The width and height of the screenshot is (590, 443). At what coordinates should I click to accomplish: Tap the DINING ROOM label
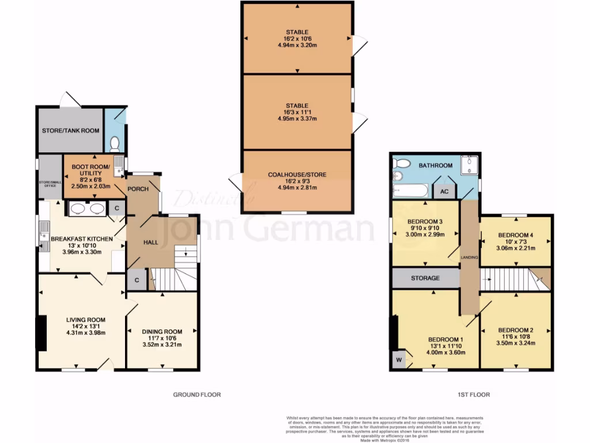(162, 331)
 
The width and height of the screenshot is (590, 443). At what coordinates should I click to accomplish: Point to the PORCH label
(138, 189)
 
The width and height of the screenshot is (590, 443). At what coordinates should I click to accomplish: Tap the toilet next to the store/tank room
(114, 142)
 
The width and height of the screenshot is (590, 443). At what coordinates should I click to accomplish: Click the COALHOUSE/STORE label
(297, 174)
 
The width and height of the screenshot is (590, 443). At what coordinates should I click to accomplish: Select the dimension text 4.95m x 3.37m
(297, 119)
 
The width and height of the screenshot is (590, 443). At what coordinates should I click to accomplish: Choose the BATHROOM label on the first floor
(436, 166)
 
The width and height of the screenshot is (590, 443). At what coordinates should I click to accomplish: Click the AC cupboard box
(444, 192)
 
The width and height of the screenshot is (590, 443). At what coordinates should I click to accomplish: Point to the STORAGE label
(425, 278)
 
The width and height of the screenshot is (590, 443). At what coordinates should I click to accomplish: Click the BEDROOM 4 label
(516, 235)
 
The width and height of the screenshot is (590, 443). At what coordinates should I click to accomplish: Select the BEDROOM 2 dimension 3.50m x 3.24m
(516, 343)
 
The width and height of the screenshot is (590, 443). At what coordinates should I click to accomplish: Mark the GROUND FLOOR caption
(197, 395)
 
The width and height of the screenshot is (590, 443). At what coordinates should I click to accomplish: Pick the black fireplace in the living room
(41, 333)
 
